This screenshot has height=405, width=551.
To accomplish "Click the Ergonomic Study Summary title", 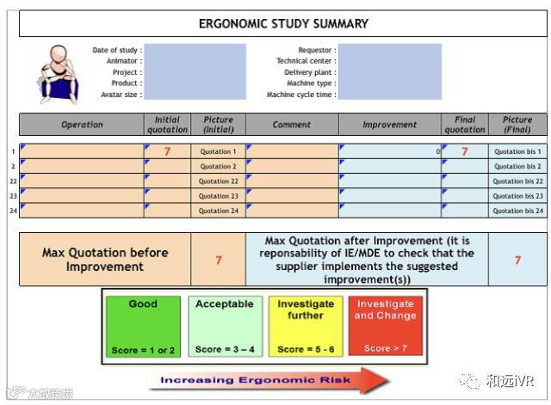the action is point(283,24).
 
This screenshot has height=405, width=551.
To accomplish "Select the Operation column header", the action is point(82,125).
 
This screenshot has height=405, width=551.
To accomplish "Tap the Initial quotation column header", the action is point(167,125).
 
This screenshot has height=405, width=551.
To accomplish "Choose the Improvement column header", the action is point(389,125).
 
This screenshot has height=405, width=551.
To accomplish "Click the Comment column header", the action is point(292,125).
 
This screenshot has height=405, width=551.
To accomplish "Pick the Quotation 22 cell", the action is point(218,181).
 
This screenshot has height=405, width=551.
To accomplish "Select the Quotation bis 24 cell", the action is point(517,211).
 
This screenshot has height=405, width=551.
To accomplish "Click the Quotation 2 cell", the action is point(218,167).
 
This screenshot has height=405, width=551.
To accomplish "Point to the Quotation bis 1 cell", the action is point(517,152).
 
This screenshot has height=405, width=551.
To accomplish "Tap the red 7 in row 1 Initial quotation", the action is point(167,152).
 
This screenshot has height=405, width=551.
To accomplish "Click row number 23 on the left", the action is point(13,196).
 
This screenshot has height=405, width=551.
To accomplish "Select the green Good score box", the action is point(143,327).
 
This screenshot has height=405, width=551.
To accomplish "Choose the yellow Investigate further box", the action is point(306,327).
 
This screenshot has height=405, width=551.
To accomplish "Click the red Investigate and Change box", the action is point(386,327).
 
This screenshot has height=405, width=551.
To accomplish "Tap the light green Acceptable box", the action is point(225,327).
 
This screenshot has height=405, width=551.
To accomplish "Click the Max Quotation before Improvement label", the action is point(105,260).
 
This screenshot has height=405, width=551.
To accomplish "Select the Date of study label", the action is point(117,51).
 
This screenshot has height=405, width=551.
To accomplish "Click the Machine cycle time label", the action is point(301,95).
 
